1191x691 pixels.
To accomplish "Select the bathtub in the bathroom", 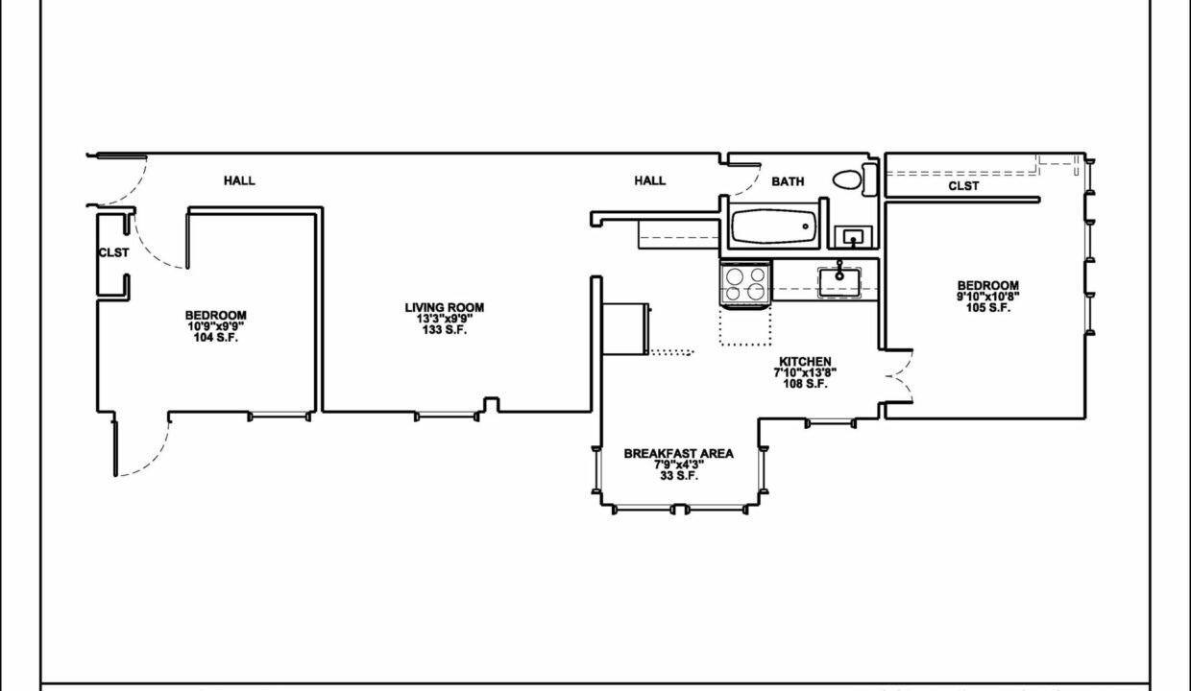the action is click(773, 226).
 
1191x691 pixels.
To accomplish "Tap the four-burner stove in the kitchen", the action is click(745, 284).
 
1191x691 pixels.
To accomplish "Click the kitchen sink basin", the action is click(839, 282).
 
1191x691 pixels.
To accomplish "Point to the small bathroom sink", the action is click(853, 237).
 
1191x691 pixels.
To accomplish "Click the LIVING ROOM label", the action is click(445, 307).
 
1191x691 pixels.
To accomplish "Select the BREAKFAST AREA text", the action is click(678, 454).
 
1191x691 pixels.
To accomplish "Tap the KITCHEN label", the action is click(805, 362).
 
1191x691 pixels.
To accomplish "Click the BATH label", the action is click(788, 181).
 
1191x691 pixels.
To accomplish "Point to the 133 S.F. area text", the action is click(445, 330).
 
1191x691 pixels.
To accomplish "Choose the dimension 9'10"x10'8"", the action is click(988, 297).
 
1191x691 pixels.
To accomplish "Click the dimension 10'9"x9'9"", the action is click(215, 326).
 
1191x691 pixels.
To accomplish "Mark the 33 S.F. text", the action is click(679, 476).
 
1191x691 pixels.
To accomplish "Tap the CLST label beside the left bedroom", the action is click(113, 252).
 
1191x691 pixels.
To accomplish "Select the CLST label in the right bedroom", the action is click(963, 186).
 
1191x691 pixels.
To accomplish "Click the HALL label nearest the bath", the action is click(649, 180).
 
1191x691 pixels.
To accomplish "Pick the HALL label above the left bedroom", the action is click(239, 180).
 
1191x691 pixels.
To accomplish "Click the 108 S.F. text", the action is click(805, 384).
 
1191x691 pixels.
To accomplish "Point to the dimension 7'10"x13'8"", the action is click(805, 373).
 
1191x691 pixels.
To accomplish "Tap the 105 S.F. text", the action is click(988, 307).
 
